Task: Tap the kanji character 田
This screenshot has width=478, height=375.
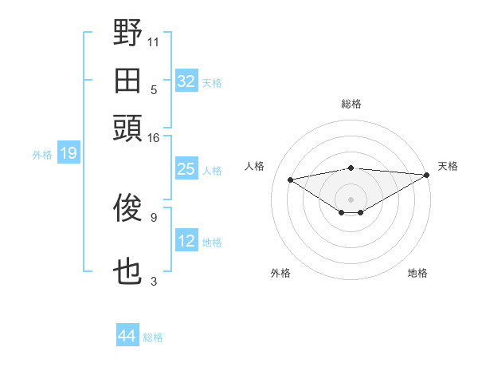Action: click(127, 81)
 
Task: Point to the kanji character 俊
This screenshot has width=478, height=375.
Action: click(127, 207)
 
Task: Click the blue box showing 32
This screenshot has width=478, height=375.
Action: click(186, 81)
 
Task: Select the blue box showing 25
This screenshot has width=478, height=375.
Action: click(186, 169)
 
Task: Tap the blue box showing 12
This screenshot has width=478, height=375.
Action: click(186, 241)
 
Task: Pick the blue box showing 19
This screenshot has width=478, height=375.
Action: click(69, 153)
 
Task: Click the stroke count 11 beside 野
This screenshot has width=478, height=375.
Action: click(154, 41)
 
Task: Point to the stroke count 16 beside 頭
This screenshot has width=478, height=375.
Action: click(154, 137)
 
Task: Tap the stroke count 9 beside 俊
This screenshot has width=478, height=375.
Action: click(153, 216)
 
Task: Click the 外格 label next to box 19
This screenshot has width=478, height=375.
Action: click(42, 154)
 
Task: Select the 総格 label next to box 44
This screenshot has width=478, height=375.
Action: click(153, 337)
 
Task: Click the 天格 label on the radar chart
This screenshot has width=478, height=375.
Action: click(448, 166)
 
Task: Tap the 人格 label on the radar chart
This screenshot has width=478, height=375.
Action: click(255, 166)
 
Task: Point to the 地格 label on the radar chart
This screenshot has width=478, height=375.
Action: click(417, 273)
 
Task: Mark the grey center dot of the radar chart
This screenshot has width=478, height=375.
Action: click(351, 199)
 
